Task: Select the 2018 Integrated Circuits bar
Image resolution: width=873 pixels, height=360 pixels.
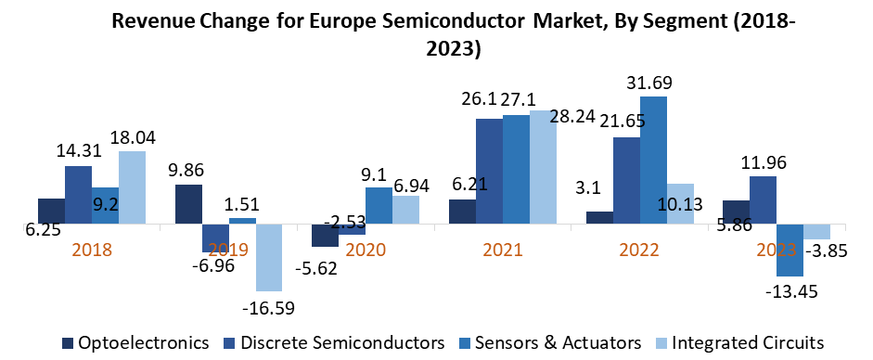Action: point(132,187)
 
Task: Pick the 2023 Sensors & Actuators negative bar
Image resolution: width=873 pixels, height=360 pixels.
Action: point(790,250)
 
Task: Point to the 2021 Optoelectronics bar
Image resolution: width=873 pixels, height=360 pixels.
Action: point(462,212)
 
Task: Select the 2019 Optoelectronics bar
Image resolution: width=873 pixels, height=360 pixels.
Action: point(188,204)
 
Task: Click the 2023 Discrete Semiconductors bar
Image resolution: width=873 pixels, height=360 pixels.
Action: point(764,200)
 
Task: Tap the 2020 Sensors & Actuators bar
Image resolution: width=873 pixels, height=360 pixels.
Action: point(379,205)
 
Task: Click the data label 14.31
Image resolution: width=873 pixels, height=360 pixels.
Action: point(78,152)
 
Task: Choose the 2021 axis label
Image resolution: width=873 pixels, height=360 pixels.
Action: point(503,250)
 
